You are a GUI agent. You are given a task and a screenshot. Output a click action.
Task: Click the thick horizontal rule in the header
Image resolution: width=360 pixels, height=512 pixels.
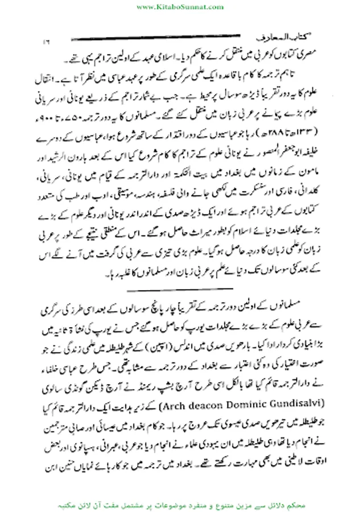171,38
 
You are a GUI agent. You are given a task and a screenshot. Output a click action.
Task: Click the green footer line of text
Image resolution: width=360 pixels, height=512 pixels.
180,503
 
